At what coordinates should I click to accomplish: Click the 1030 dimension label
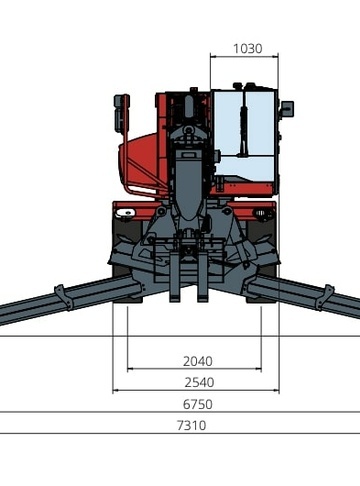[x=247, y=49]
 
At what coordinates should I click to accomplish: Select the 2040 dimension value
[x=198, y=361]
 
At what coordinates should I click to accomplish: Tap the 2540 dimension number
[x=199, y=382]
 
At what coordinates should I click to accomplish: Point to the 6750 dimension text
[x=198, y=404]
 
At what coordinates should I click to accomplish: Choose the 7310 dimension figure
[x=191, y=426]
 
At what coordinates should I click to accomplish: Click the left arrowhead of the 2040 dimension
[x=130, y=369]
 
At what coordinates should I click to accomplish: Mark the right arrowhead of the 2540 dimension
[x=276, y=390]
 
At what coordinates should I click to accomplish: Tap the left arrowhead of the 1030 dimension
[x=213, y=57]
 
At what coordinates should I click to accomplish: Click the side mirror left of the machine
[x=121, y=113]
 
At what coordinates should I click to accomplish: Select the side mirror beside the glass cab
[x=287, y=108]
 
